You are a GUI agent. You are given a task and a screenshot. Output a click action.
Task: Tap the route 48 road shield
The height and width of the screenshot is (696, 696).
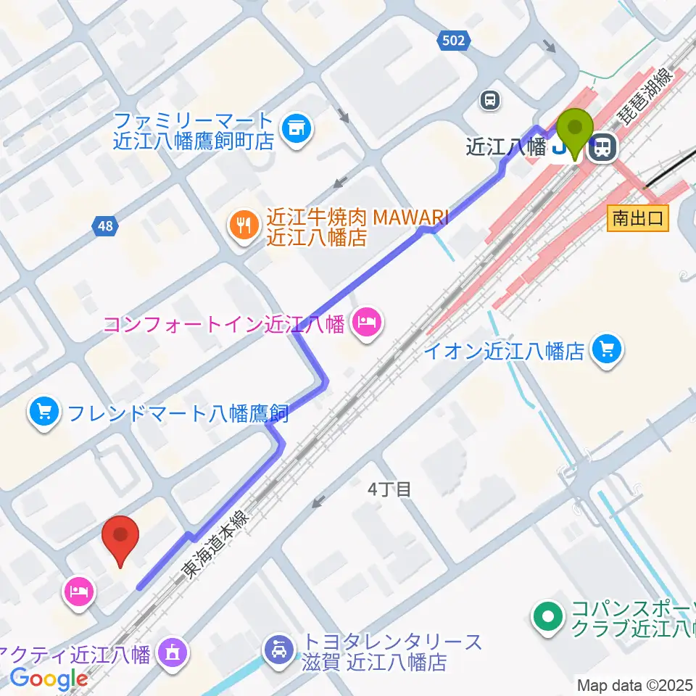(106, 227)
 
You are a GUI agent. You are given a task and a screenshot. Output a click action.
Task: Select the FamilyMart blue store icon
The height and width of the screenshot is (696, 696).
(295, 129)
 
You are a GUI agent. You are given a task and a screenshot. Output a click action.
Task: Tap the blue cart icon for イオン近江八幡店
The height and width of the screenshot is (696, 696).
(606, 350)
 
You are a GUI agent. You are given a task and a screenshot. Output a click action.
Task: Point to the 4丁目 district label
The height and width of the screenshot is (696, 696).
(389, 489)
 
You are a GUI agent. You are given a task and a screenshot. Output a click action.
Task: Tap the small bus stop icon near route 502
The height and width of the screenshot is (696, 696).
(491, 100)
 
